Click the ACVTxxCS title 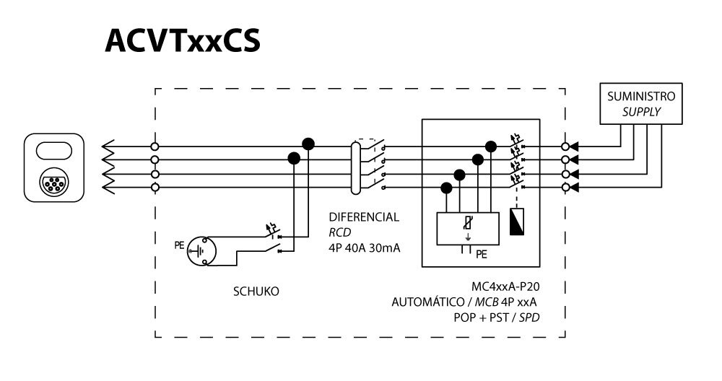(x=183, y=43)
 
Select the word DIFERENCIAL (x=364, y=216)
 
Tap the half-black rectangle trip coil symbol (x=518, y=224)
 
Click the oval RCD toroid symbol (x=355, y=167)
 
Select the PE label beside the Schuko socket (x=179, y=245)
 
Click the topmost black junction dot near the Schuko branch (x=308, y=143)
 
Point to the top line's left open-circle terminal (x=155, y=146)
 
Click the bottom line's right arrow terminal (x=575, y=188)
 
